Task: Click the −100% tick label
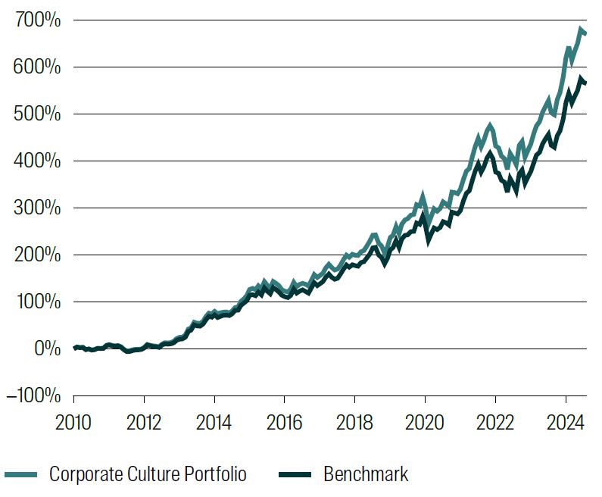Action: [31, 396]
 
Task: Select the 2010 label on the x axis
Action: [74, 421]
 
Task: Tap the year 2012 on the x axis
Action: [144, 421]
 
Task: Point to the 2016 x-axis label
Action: [284, 421]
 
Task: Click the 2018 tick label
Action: [354, 421]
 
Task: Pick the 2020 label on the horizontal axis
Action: [425, 421]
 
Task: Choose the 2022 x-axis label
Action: [495, 421]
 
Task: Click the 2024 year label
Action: [565, 421]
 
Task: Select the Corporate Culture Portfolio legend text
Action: [148, 475]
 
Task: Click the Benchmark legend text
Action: [366, 475]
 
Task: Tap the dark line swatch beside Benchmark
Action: [295, 475]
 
